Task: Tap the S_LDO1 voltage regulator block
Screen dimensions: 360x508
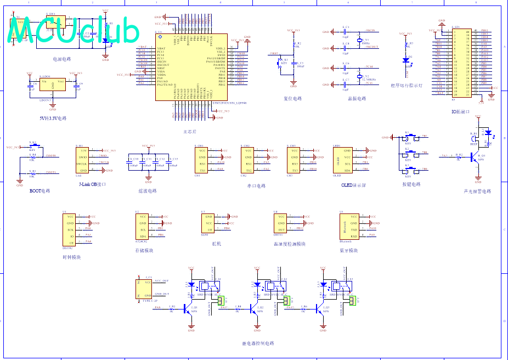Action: click(x=53, y=85)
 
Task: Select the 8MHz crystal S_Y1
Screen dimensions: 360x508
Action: click(x=360, y=41)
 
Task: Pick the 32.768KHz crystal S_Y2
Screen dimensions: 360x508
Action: click(x=360, y=76)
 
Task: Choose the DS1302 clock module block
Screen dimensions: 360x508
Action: click(x=70, y=229)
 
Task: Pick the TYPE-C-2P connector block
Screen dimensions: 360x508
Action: click(x=144, y=289)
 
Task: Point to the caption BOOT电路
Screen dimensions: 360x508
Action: click(x=39, y=191)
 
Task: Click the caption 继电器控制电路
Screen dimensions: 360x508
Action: click(x=257, y=344)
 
